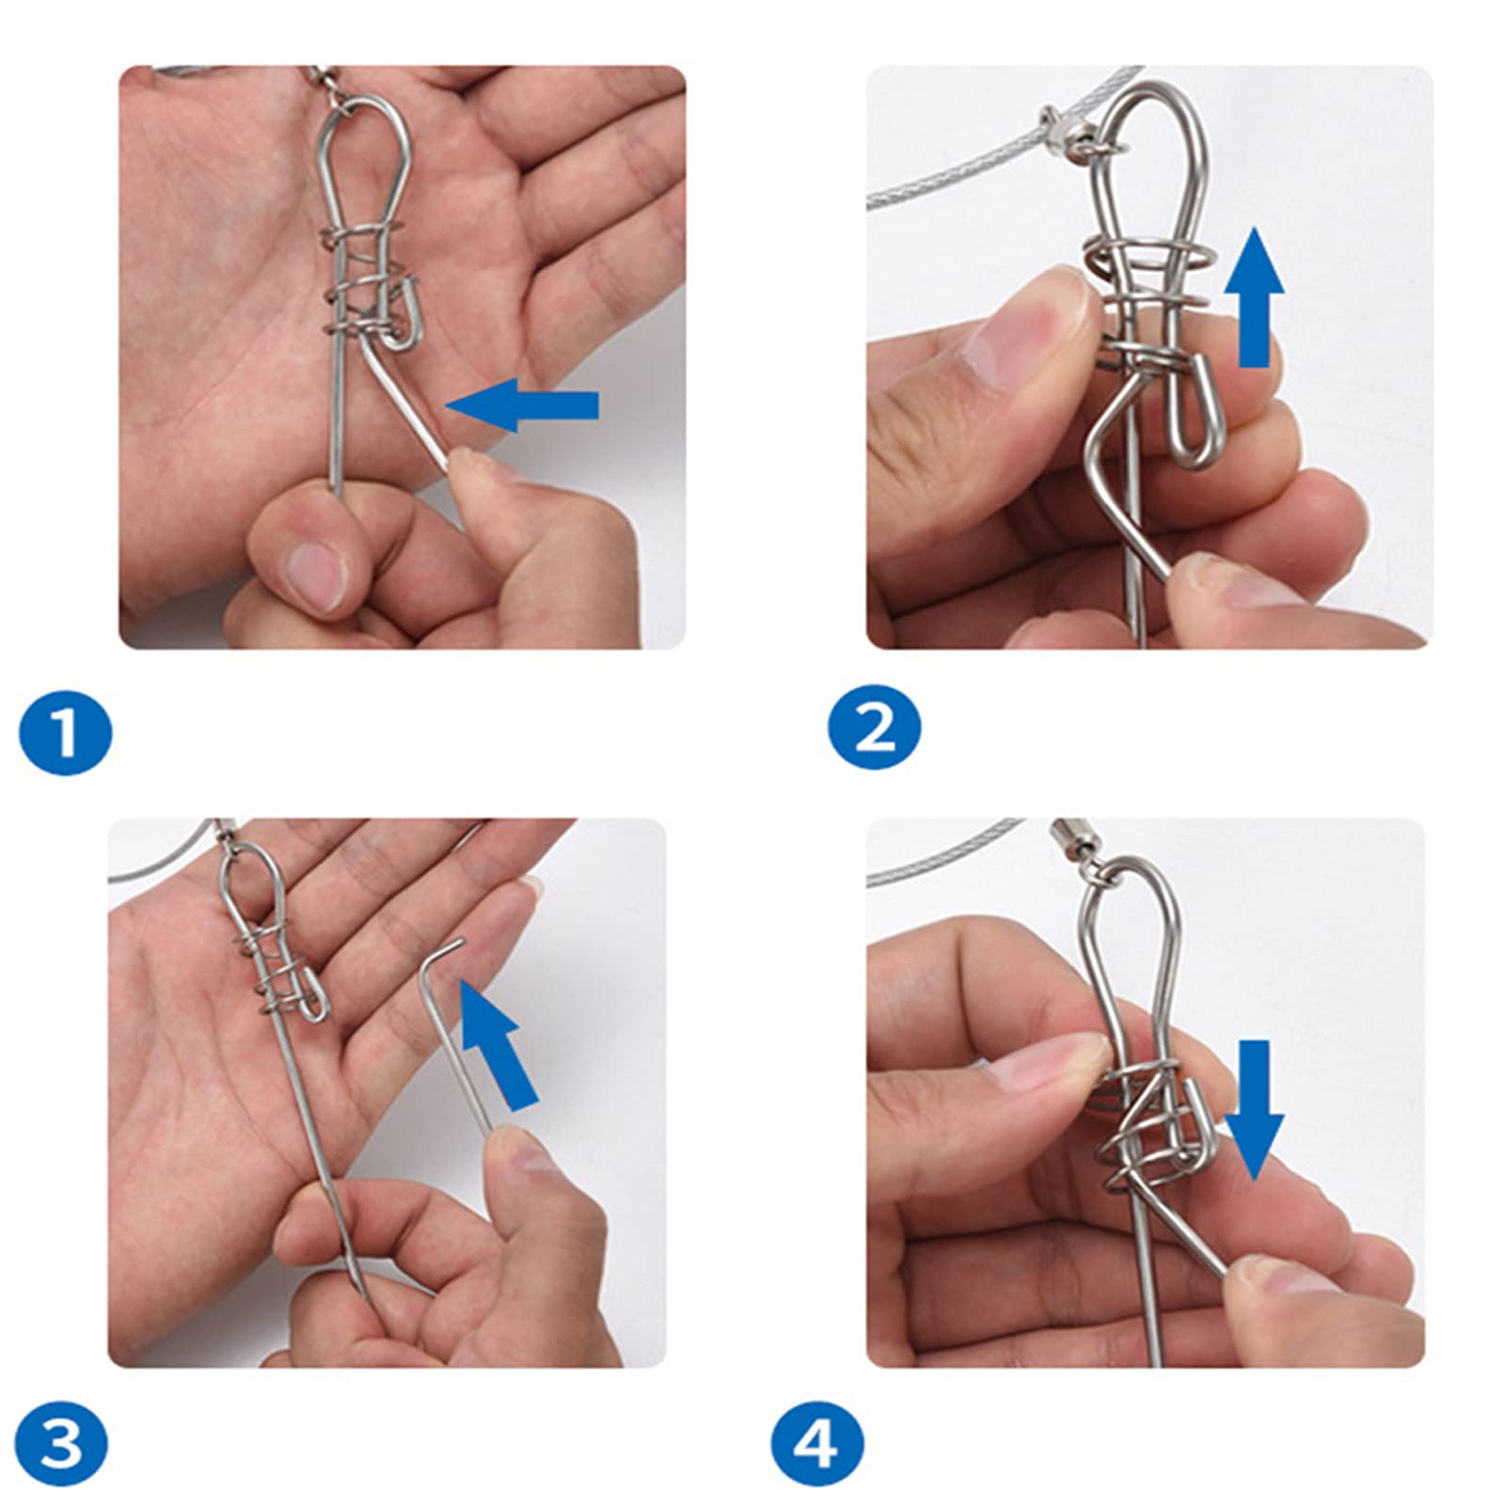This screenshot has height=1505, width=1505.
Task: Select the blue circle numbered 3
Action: tap(62, 1442)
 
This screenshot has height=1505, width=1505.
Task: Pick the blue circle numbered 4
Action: tap(817, 1442)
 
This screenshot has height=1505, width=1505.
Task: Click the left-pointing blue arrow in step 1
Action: tap(522, 405)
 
